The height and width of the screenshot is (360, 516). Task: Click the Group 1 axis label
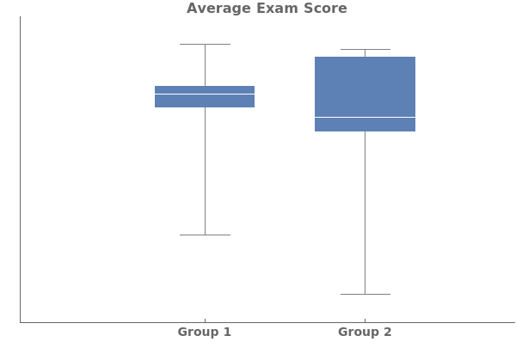point(205,333)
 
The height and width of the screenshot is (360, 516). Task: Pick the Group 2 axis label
point(365,333)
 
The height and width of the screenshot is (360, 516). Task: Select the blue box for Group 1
point(205,101)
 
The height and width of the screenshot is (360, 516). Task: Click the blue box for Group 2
point(365,86)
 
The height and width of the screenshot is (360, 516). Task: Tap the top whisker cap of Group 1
point(205,44)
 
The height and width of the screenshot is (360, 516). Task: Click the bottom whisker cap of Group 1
point(205,235)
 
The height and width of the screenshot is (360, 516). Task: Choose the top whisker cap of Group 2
point(365,49)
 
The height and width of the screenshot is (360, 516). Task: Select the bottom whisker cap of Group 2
point(365,294)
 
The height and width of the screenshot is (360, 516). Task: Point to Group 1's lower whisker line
point(205,172)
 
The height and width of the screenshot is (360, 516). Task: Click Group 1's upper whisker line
point(205,64)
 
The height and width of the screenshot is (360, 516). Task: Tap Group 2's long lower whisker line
point(365,215)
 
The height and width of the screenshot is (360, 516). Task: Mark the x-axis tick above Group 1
point(205,320)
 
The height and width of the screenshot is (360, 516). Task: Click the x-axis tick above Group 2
point(365,320)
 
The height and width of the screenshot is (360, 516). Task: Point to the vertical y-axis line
point(20,172)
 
